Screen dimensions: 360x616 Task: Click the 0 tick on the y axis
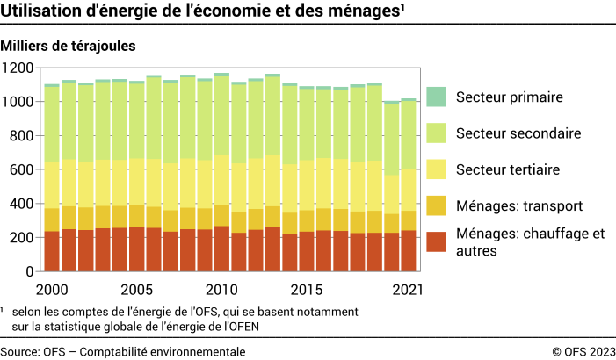coord(29,272)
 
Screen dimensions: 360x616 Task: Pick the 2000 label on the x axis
coord(52,289)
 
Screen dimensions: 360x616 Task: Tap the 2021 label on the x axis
coord(408,289)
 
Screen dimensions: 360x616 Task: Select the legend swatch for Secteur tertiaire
coord(437,169)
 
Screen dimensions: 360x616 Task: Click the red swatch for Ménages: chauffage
coord(437,241)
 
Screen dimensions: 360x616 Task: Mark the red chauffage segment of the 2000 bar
coord(52,251)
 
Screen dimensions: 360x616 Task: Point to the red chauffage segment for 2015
coord(307,252)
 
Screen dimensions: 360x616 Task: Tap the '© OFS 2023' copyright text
coord(583,351)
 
